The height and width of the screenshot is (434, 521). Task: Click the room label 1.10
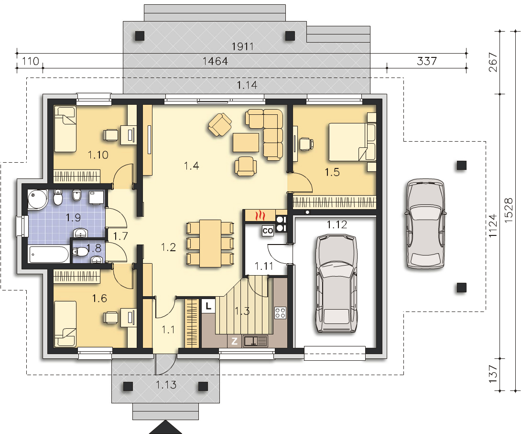pyautogui.click(x=98, y=155)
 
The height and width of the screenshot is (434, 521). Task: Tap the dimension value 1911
pyautogui.click(x=242, y=46)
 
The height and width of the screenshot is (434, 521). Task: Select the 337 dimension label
pyautogui.click(x=427, y=61)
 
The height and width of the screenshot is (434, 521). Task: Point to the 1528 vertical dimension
pyautogui.click(x=509, y=210)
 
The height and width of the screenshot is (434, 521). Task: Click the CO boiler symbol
pyautogui.click(x=268, y=231)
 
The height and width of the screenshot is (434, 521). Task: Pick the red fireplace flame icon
pyautogui.click(x=260, y=216)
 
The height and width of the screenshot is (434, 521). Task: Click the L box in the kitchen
pyautogui.click(x=208, y=306)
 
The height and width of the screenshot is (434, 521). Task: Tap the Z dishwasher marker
pyautogui.click(x=235, y=341)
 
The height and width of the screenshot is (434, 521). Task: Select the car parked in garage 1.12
pyautogui.click(x=337, y=283)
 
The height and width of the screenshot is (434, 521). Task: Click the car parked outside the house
pyautogui.click(x=425, y=223)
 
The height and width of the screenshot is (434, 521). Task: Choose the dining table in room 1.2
pyautogui.click(x=210, y=243)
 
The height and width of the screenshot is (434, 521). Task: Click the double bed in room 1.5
pyautogui.click(x=352, y=142)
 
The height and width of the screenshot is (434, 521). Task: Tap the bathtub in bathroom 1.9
pyautogui.click(x=49, y=255)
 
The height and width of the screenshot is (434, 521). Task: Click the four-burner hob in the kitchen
pyautogui.click(x=280, y=312)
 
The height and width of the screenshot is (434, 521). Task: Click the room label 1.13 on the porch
pyautogui.click(x=166, y=385)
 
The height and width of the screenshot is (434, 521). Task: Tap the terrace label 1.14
pyautogui.click(x=247, y=85)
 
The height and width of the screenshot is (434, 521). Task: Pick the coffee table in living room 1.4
pyautogui.click(x=246, y=143)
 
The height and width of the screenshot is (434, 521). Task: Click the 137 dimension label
pyautogui.click(x=493, y=374)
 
